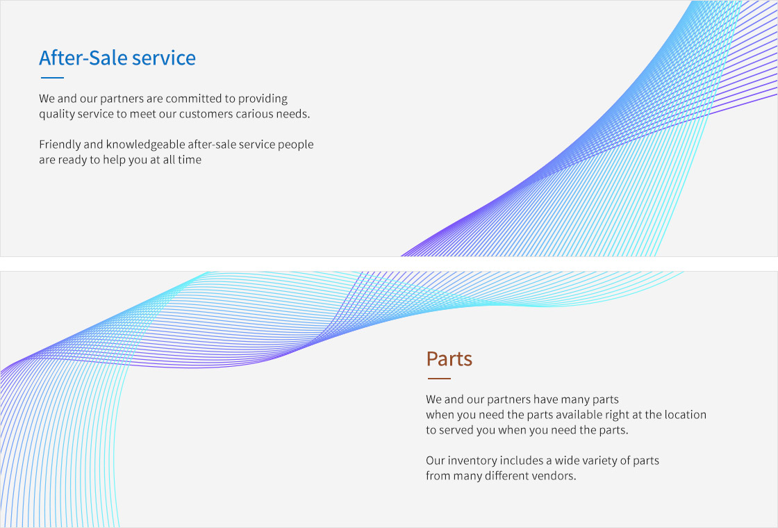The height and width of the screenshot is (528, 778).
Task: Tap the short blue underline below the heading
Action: pyautogui.click(x=52, y=77)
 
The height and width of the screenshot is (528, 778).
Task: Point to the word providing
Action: pyautogui.click(x=263, y=99)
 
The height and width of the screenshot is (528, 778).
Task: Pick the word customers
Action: pyautogui.click(x=206, y=114)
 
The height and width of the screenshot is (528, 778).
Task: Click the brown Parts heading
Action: pyautogui.click(x=449, y=358)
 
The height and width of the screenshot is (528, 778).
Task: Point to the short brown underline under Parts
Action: pyautogui.click(x=439, y=379)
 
